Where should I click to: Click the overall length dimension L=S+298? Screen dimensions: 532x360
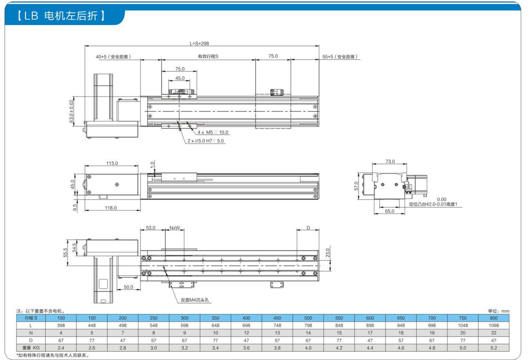coord(199,43)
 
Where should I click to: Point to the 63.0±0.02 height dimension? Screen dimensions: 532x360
coord(71,111)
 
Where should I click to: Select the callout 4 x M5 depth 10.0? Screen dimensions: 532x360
coord(213,132)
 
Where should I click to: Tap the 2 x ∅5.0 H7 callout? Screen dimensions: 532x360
coord(206,141)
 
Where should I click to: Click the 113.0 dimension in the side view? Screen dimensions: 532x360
coord(112,163)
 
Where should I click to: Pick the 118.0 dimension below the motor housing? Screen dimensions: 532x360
coord(111,208)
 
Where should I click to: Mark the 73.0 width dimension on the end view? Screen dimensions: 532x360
coord(390,161)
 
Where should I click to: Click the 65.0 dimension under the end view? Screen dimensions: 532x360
coord(389,211)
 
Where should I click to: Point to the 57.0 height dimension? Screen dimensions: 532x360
coord(356,186)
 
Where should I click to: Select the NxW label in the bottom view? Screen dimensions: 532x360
coord(175,228)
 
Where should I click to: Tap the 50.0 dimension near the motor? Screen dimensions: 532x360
coord(129,287)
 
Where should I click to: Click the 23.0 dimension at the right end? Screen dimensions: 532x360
coord(328,253)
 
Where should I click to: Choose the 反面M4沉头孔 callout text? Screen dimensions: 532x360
coord(195,300)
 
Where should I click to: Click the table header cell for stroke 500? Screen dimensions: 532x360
coord(308,318)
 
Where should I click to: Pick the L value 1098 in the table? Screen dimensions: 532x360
coord(494,325)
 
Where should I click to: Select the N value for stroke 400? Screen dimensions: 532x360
coord(246,333)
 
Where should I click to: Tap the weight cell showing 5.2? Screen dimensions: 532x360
coord(494,348)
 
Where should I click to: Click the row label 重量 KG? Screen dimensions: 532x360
coord(31,348)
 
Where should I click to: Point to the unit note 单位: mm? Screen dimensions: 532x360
coord(498,311)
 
